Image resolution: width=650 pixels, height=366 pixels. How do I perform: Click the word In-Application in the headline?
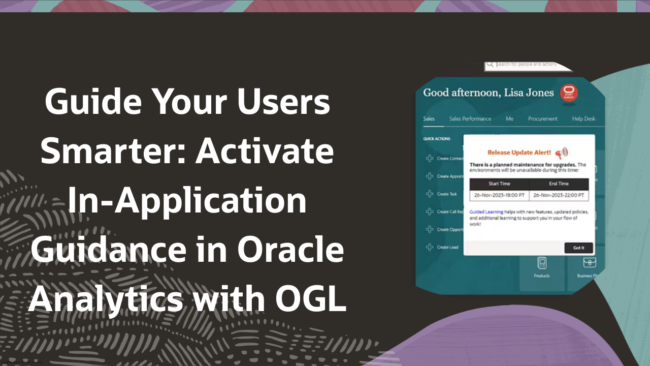coord(187,201)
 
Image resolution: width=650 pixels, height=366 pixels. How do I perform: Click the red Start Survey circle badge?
coord(569,93)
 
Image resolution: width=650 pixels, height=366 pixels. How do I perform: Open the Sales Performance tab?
coord(470,119)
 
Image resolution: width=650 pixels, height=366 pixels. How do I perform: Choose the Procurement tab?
coord(542,119)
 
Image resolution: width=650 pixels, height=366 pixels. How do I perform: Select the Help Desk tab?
coord(583,119)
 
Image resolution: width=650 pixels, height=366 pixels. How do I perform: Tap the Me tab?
coord(509,119)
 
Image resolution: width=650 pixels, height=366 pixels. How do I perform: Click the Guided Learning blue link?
coord(486,212)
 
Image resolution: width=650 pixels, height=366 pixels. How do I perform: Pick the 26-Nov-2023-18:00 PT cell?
coord(499,195)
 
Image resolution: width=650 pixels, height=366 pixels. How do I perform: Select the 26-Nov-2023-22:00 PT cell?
coord(559,195)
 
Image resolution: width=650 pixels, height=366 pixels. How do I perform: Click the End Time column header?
coord(559,184)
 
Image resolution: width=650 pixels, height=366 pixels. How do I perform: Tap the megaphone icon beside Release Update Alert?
coord(561,152)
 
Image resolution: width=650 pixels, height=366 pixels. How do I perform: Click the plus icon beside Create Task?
coord(429,194)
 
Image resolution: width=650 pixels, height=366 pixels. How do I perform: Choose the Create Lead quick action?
coord(447,248)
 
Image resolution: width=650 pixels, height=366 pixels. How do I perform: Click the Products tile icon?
coord(542,263)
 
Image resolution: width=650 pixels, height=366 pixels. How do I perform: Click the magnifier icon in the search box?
coord(490,65)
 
